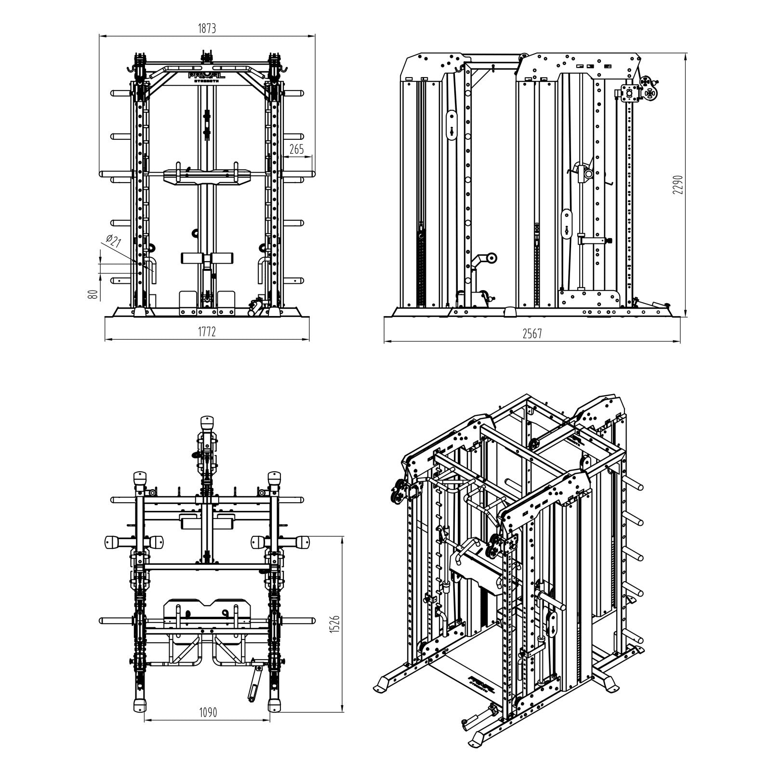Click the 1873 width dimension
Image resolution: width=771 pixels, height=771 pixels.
click(207, 28)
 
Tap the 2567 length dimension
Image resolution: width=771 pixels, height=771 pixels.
click(532, 333)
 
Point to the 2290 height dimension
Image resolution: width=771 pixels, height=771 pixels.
click(678, 184)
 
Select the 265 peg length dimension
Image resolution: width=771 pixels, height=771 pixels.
click(296, 149)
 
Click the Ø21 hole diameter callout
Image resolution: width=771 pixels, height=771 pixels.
click(112, 241)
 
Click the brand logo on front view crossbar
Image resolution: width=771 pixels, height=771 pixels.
click(207, 77)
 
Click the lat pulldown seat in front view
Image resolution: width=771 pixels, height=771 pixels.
click(207, 259)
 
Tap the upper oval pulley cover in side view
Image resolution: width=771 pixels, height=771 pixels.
click(452, 126)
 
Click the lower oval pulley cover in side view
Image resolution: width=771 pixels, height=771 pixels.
click(567, 223)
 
